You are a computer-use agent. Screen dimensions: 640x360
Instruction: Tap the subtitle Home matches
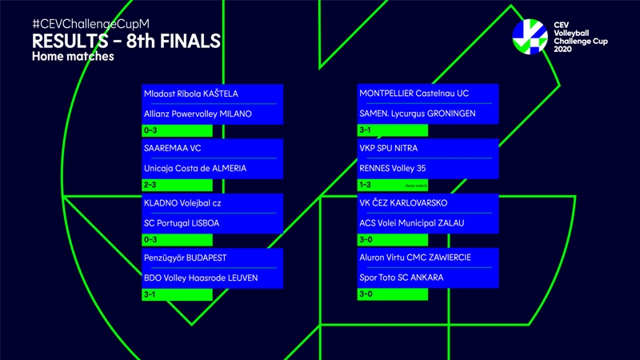(74, 57)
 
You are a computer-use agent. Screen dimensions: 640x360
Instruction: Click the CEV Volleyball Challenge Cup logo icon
(531, 36)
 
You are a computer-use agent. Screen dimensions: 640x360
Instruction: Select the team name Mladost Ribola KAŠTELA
(191, 94)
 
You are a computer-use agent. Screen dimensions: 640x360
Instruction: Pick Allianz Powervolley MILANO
(198, 114)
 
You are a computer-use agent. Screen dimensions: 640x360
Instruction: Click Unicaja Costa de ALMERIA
(195, 168)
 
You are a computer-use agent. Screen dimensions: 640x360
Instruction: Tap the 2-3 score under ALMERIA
(150, 185)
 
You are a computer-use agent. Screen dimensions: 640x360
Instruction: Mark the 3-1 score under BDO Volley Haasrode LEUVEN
(150, 294)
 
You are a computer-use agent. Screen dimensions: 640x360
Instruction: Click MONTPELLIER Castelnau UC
(414, 94)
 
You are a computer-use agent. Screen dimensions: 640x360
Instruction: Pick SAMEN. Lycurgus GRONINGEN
(418, 114)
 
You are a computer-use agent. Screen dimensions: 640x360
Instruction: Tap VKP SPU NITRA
(389, 148)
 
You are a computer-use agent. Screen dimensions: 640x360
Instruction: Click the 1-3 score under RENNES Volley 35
(366, 185)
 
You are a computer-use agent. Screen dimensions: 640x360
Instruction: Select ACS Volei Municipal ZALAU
(412, 222)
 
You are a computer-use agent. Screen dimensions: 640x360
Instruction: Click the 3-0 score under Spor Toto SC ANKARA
(366, 294)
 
